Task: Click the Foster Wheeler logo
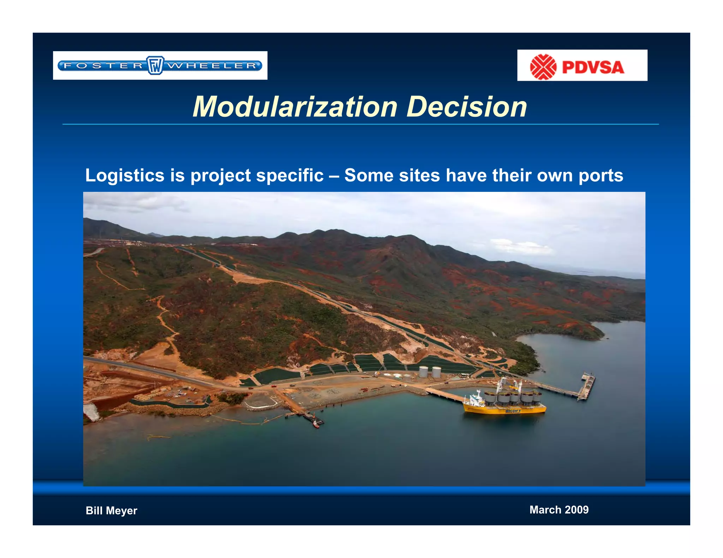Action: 160,66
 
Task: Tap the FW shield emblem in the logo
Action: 155,66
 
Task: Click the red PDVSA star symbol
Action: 543,67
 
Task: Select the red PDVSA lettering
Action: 593,67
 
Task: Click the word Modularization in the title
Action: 295,107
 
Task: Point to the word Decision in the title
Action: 467,107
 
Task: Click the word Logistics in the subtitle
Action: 125,175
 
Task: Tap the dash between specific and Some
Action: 334,175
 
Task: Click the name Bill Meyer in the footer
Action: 111,510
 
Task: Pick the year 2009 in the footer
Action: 576,510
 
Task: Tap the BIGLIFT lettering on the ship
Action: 513,411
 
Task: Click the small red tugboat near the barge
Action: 316,425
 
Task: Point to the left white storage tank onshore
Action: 423,371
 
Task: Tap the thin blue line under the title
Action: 360,124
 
